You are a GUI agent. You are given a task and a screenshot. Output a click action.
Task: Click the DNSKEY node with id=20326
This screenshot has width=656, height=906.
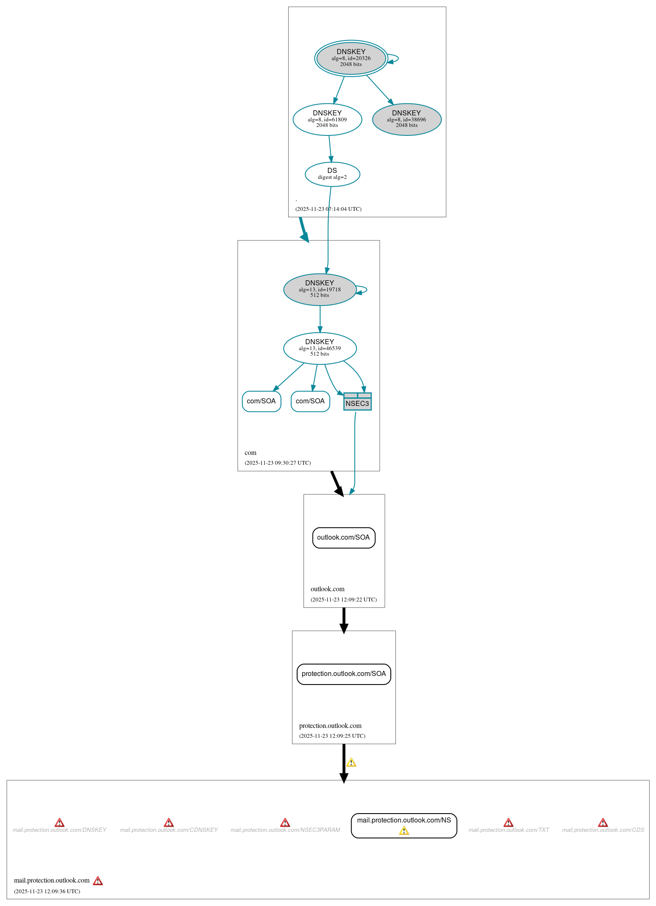[x=351, y=58]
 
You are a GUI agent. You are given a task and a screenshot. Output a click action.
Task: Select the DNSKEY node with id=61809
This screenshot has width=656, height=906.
[x=327, y=119]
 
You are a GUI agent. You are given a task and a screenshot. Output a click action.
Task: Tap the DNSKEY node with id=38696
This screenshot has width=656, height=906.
[x=407, y=119]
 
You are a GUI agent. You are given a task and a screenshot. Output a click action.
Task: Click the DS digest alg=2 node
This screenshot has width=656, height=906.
[x=332, y=174]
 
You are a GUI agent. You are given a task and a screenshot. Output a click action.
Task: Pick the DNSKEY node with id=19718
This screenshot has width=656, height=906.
[x=320, y=289]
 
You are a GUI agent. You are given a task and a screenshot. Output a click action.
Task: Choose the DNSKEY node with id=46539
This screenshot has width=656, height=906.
[x=320, y=348]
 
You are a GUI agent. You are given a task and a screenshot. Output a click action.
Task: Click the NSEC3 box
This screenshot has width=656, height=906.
[x=357, y=402]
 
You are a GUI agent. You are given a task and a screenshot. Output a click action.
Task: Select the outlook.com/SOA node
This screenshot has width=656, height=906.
[x=344, y=538]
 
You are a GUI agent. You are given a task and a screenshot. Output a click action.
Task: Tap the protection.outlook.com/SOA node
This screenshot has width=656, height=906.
[x=344, y=674]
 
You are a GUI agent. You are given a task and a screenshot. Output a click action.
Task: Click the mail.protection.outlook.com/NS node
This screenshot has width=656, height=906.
[x=404, y=821]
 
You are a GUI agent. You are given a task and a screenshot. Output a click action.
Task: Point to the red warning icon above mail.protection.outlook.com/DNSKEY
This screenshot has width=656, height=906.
[x=60, y=823]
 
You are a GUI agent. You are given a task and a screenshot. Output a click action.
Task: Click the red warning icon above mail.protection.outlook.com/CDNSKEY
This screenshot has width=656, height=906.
[x=169, y=823]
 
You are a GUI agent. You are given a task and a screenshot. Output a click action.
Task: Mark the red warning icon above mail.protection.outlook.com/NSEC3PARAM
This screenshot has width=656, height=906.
[x=285, y=823]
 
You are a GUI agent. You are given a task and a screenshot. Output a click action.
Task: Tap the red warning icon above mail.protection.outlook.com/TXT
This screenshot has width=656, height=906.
[x=508, y=823]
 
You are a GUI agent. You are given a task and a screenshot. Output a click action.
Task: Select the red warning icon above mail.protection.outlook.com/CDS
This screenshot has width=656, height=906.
[x=603, y=823]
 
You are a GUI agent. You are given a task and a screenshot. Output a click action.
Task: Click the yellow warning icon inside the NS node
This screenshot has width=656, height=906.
[x=404, y=831]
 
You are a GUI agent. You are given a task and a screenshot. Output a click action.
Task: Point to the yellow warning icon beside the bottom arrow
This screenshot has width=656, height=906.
[x=351, y=762]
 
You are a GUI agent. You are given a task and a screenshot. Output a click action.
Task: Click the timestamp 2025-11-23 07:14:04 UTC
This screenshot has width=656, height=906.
[x=328, y=209]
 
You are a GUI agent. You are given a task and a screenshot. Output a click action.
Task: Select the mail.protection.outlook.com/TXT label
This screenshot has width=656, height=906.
[x=509, y=830]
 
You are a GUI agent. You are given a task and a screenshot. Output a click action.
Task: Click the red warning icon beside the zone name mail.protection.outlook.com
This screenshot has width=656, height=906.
[x=98, y=881]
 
